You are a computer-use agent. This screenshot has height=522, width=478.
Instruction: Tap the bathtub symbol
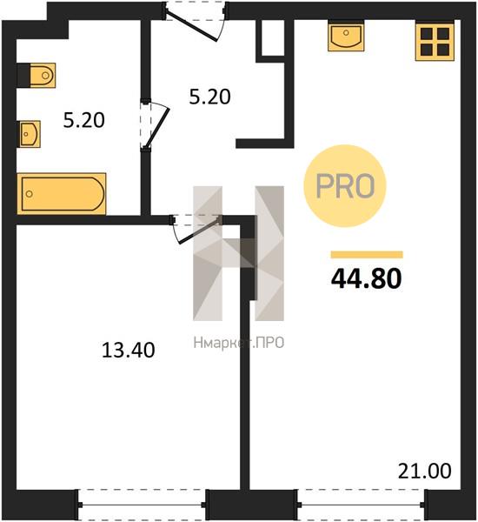tap(62, 194)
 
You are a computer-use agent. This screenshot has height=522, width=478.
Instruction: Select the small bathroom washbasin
tap(29, 134)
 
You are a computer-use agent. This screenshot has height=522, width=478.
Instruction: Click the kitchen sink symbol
tap(346, 36)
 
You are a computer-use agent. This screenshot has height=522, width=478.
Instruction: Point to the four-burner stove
tap(435, 42)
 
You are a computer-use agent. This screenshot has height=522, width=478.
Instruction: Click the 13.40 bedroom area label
tap(128, 351)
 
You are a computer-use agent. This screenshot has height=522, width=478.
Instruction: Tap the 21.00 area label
tap(425, 471)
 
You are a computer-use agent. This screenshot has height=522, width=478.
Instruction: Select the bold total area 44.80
tap(367, 278)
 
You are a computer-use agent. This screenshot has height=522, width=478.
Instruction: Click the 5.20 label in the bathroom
tap(83, 120)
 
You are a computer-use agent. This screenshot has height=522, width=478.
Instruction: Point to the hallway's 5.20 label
tap(209, 97)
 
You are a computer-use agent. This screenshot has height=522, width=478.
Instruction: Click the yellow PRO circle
tap(345, 186)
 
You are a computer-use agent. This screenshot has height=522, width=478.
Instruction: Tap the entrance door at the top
tap(195, 21)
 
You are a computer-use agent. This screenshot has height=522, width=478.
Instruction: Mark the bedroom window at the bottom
tap(142, 505)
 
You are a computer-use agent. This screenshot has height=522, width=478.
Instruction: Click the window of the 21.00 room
tap(361, 505)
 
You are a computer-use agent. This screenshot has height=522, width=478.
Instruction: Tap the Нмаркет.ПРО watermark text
tap(239, 343)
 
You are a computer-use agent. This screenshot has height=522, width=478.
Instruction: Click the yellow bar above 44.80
tap(367, 255)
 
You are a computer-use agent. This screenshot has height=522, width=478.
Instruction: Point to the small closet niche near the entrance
tap(272, 37)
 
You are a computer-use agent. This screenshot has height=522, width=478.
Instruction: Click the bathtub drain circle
tap(30, 194)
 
